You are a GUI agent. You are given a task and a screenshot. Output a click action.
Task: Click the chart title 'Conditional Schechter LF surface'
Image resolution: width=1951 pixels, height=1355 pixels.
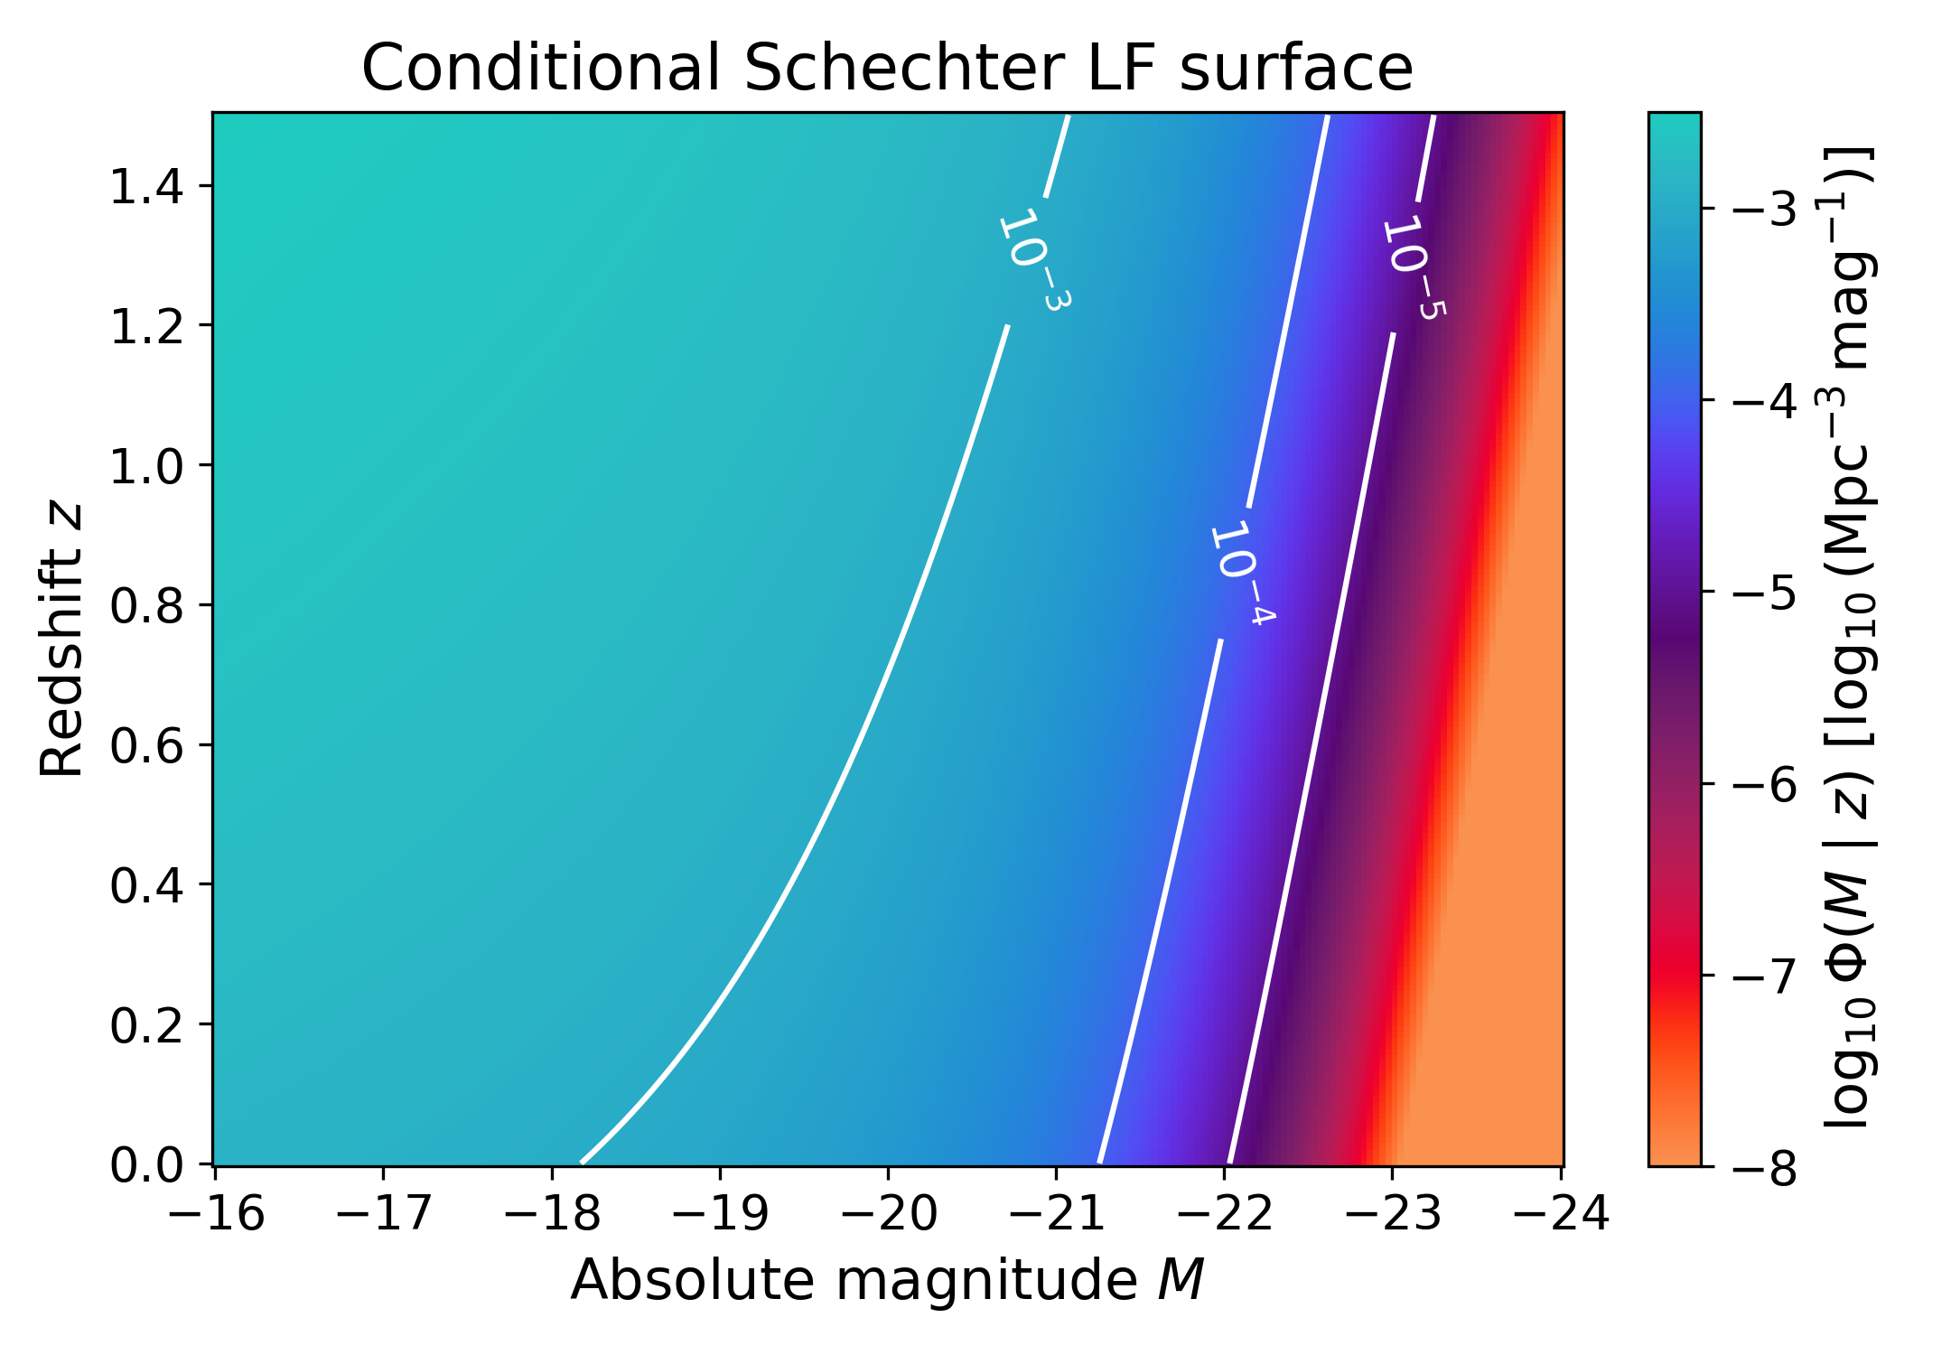(887, 68)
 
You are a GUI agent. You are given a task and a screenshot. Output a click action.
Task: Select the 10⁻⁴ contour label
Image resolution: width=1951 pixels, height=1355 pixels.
(1241, 573)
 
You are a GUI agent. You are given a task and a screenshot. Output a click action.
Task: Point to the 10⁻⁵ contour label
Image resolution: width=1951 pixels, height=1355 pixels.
(1414, 266)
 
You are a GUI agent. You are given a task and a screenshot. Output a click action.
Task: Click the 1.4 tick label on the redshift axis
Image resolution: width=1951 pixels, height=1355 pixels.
(146, 188)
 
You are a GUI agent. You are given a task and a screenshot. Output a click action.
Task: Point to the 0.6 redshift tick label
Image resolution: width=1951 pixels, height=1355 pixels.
(146, 746)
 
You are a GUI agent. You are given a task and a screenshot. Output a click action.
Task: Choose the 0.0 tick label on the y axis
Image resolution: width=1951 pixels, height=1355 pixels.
(146, 1165)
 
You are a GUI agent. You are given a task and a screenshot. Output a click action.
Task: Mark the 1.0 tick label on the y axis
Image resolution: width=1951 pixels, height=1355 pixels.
(146, 467)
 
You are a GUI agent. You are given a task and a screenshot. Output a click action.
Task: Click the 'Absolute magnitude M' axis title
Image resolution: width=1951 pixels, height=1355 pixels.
(887, 1279)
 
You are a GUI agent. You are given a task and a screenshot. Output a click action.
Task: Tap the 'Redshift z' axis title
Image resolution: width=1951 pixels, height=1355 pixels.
(61, 640)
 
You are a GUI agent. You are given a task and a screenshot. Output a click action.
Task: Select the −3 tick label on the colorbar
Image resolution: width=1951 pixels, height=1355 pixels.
(1762, 210)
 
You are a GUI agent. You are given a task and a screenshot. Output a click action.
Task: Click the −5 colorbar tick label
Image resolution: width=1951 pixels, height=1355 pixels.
(1762, 593)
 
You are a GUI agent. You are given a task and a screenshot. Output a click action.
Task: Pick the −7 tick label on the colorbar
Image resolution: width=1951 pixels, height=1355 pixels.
(1762, 977)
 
